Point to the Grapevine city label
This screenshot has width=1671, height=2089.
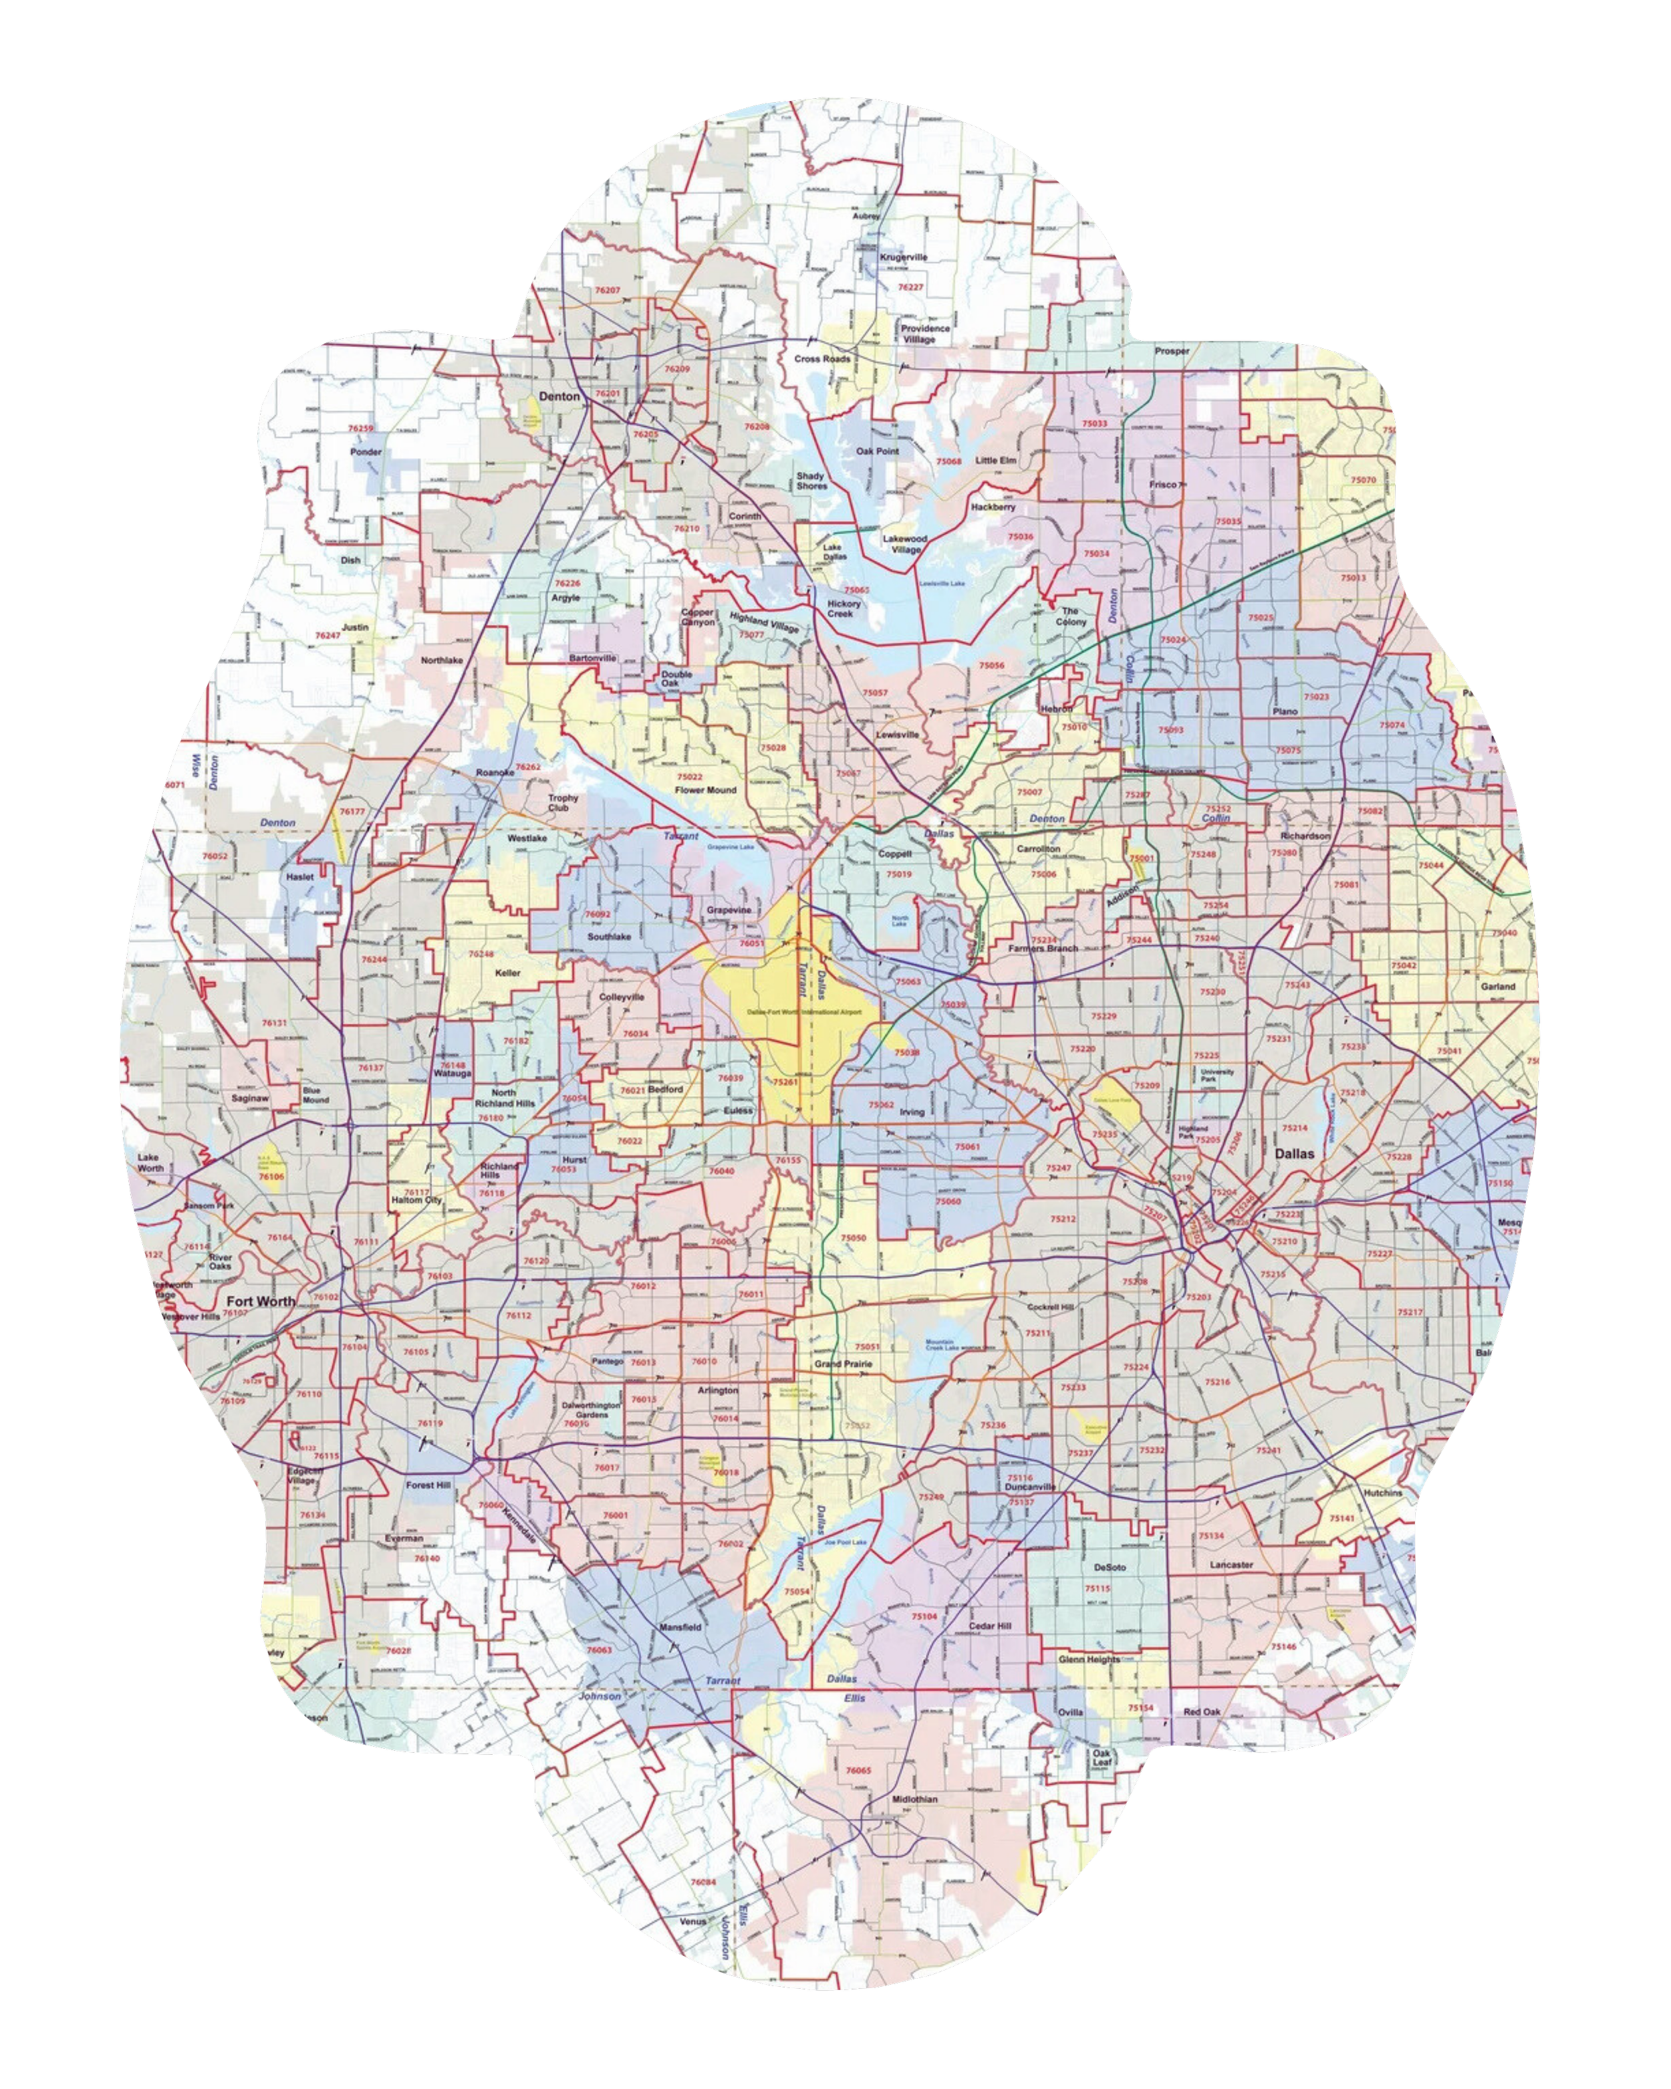click(x=729, y=910)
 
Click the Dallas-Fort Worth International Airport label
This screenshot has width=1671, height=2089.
click(x=804, y=1011)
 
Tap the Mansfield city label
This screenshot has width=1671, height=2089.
click(x=679, y=1627)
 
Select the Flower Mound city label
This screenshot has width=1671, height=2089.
click(x=705, y=789)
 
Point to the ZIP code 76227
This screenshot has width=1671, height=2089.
click(x=910, y=287)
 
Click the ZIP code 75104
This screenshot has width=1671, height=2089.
click(x=924, y=1616)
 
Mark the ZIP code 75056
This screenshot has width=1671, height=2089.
click(x=992, y=666)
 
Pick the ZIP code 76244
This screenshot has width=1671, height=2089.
click(x=374, y=959)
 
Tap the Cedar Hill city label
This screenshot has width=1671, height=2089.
click(x=990, y=1626)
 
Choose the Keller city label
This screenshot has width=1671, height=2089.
click(x=507, y=973)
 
